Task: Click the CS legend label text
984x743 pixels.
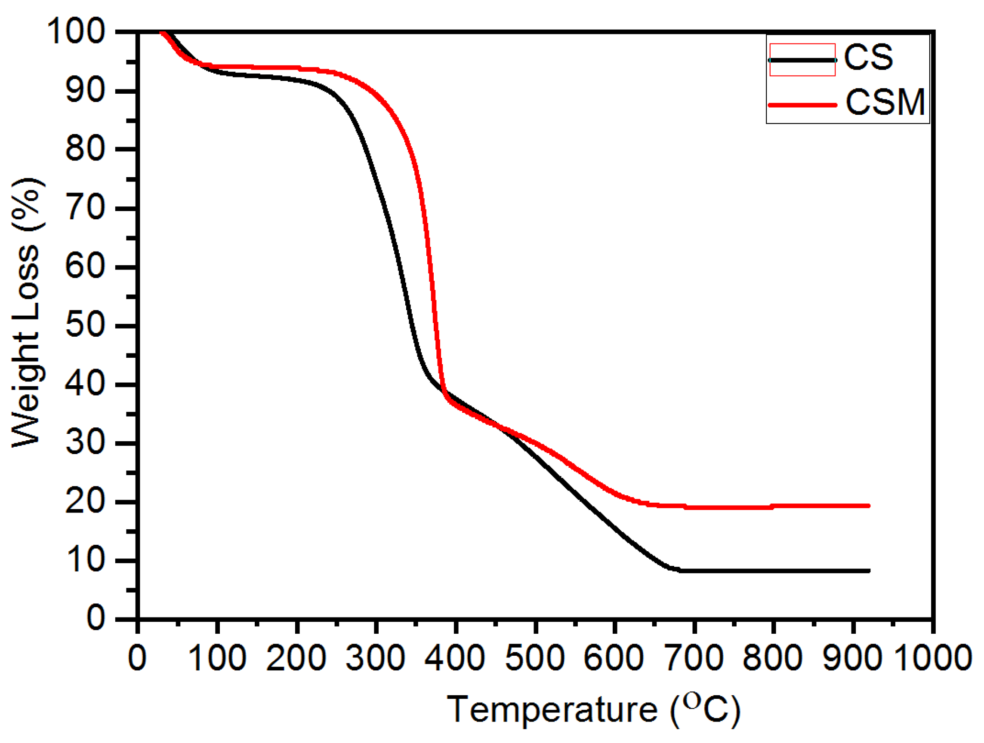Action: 868,57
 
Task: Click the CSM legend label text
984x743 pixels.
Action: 885,102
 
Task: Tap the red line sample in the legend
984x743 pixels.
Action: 802,105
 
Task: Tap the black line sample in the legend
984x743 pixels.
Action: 802,60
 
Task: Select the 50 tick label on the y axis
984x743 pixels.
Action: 85,325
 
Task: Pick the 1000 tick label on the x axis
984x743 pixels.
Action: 932,657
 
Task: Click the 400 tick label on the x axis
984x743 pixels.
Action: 455,657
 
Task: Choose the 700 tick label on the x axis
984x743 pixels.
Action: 694,657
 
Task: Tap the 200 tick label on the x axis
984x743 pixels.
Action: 296,657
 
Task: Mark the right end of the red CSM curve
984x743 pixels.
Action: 868,506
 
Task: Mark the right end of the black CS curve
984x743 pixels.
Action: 868,571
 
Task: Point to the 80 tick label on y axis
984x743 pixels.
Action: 85,149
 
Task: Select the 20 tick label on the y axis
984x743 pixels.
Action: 85,501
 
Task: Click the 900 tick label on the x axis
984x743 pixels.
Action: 852,657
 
